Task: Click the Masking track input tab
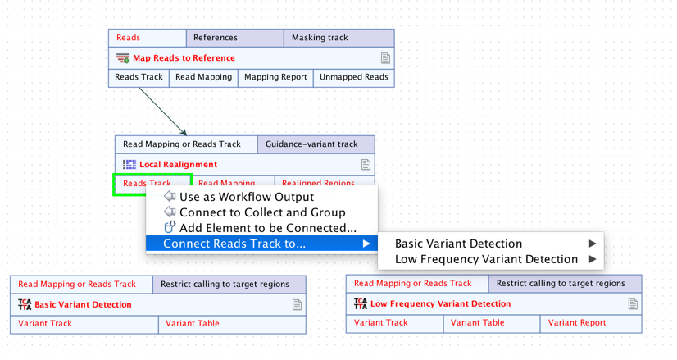click(x=320, y=38)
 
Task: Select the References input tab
click(x=216, y=38)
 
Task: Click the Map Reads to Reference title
click(x=184, y=58)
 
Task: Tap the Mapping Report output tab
click(x=275, y=77)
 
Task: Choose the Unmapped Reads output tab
click(x=353, y=77)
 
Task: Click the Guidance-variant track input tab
click(x=311, y=144)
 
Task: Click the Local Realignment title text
click(x=178, y=165)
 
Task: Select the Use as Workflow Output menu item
click(x=246, y=197)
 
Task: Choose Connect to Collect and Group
click(x=261, y=212)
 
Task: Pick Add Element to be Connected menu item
click(x=267, y=228)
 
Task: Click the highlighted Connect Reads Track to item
click(x=234, y=244)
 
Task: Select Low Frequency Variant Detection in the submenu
click(x=486, y=259)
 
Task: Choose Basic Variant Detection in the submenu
click(x=458, y=244)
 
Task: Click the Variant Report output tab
click(x=577, y=323)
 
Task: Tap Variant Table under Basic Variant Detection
click(x=193, y=324)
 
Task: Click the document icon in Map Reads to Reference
click(x=385, y=58)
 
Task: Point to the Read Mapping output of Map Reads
click(x=203, y=77)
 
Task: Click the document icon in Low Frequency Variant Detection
click(x=633, y=304)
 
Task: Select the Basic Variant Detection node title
click(x=83, y=305)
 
